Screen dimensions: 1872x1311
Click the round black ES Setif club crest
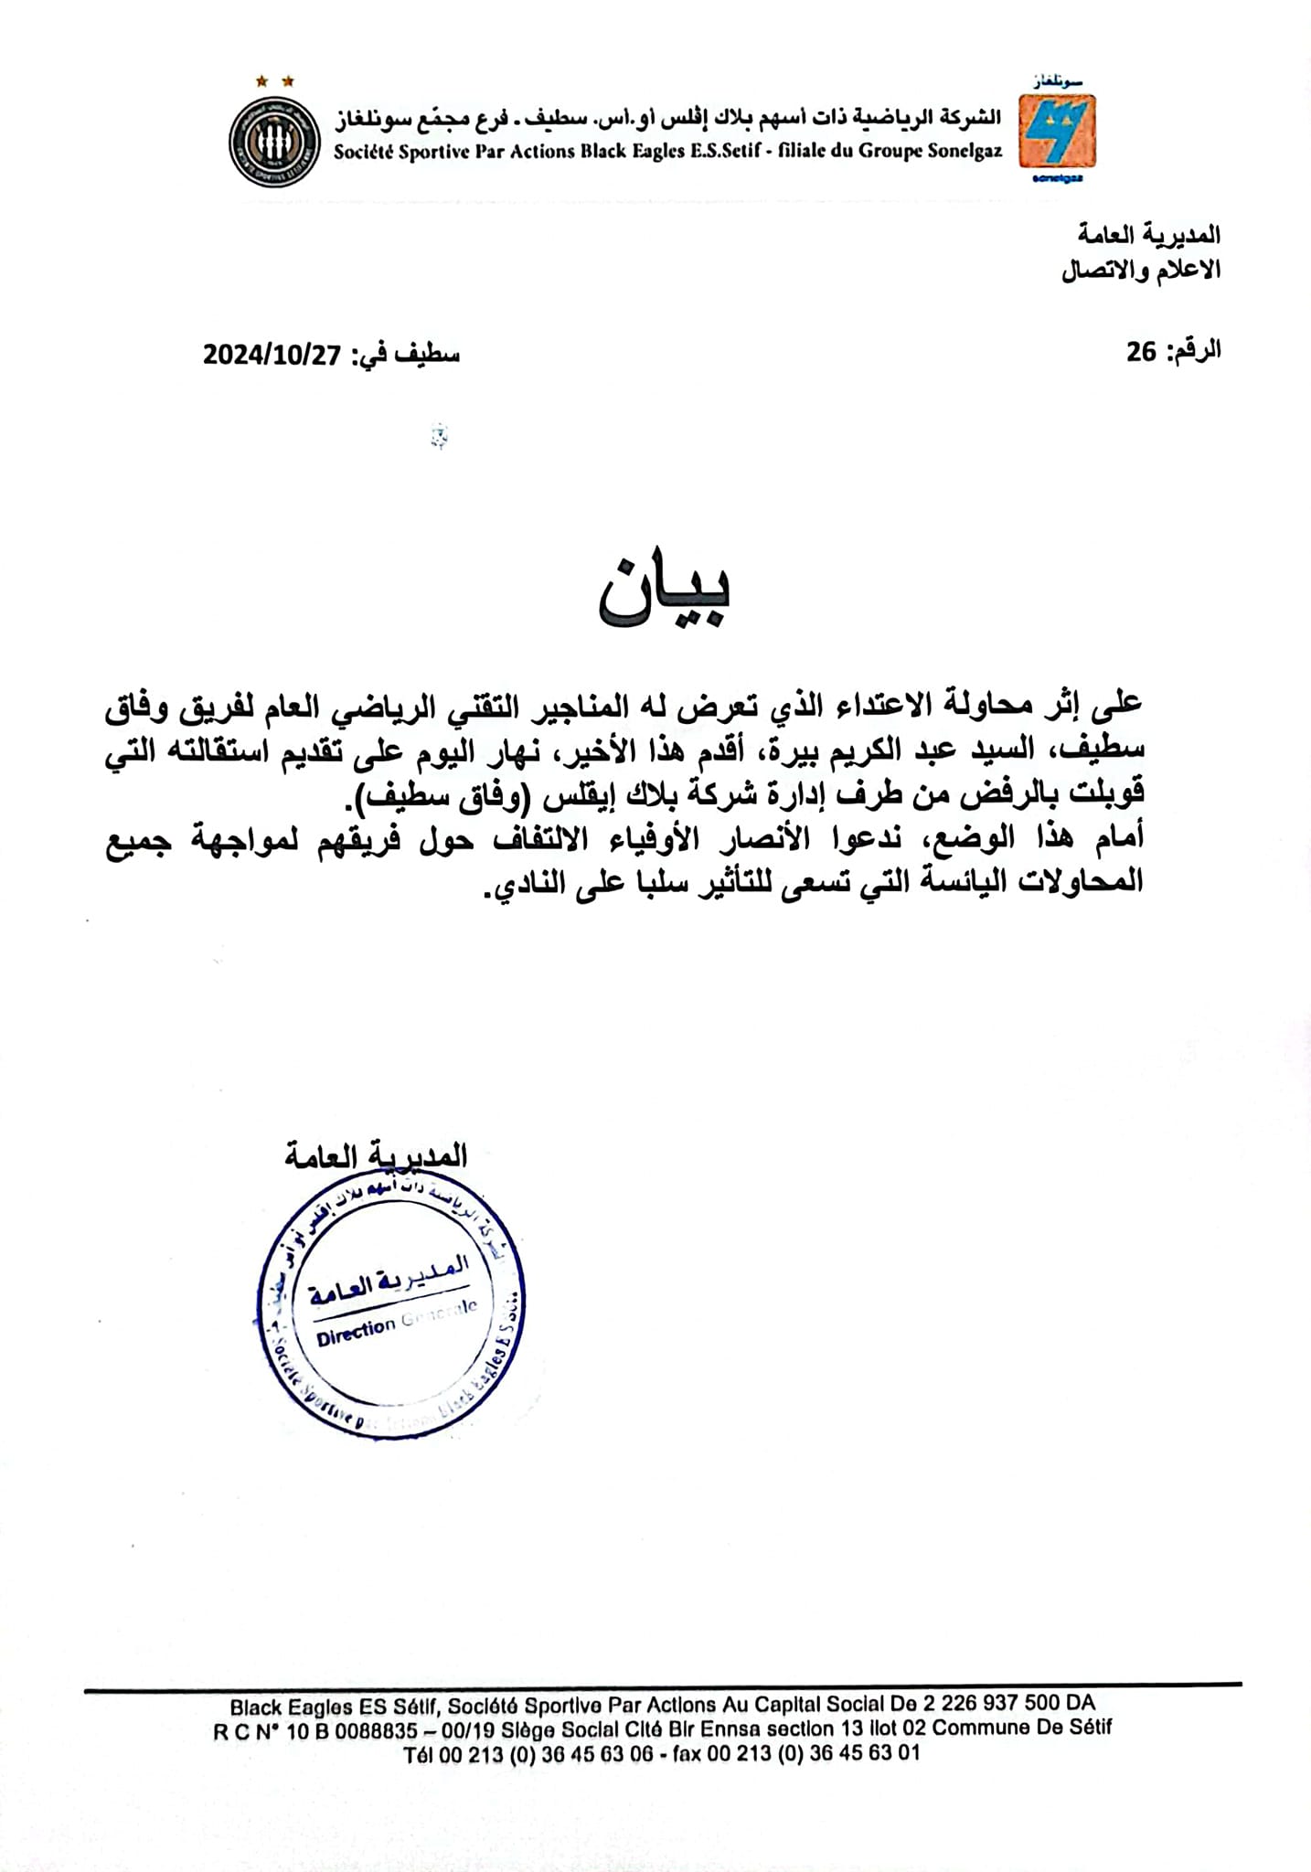click(x=273, y=142)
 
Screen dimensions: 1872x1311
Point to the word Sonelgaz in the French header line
click(x=965, y=152)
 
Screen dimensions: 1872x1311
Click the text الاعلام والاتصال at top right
click(x=1141, y=271)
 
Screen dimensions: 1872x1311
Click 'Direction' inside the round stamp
click(x=356, y=1333)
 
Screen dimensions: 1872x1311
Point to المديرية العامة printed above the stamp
click(x=376, y=1156)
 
